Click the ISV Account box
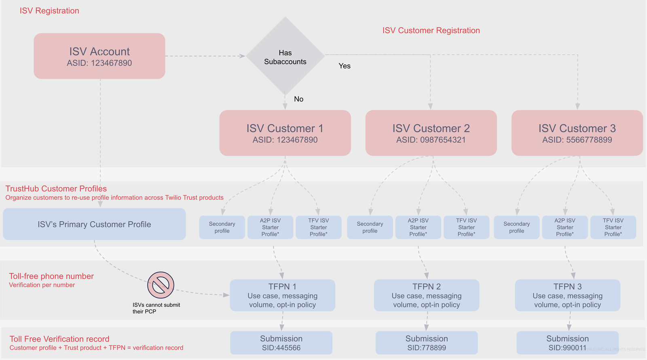(x=99, y=56)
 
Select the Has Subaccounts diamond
(x=285, y=57)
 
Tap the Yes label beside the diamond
(x=345, y=66)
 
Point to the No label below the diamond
(x=298, y=99)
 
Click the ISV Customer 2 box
(x=431, y=133)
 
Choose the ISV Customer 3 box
(x=577, y=133)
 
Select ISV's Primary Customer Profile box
(x=94, y=224)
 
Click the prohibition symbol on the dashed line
(x=161, y=285)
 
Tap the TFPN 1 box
(x=282, y=295)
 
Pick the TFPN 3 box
(x=567, y=295)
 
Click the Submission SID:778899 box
(x=427, y=343)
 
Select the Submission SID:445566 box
(x=281, y=343)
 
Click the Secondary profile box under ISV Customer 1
(x=222, y=227)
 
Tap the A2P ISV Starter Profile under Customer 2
(x=418, y=227)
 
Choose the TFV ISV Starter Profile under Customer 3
(x=613, y=227)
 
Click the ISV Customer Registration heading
(x=431, y=30)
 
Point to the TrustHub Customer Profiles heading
(x=56, y=188)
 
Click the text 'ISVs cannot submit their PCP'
(x=156, y=308)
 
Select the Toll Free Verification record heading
(x=59, y=339)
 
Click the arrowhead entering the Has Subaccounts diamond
(x=243, y=56)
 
